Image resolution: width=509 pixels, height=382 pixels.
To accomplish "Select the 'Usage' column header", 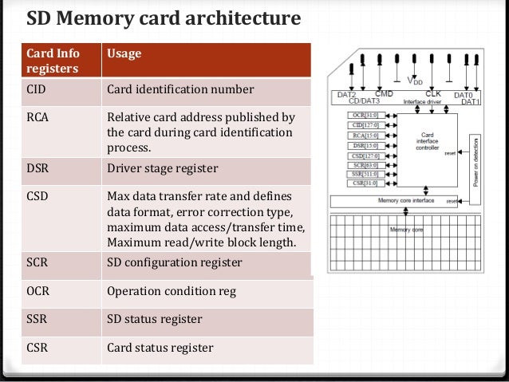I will tap(124, 53).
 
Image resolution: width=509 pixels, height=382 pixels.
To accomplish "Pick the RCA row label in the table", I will tap(37, 119).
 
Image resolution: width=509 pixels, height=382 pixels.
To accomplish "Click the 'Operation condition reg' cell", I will tap(172, 291).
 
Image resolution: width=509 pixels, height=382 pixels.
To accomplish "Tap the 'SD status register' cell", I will tap(155, 320).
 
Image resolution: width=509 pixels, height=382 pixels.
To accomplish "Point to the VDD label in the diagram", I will tap(415, 81).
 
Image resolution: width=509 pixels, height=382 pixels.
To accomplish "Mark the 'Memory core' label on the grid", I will tap(401, 230).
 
